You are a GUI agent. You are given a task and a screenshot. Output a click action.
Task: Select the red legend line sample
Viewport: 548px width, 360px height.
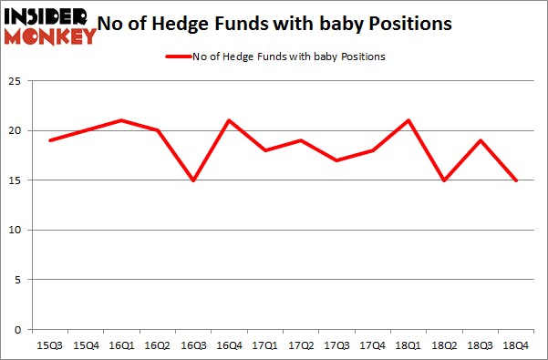click(177, 57)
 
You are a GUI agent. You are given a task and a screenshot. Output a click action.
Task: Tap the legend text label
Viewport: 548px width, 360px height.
click(288, 57)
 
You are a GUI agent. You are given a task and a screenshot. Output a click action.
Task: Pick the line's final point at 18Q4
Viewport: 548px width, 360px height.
click(517, 180)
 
